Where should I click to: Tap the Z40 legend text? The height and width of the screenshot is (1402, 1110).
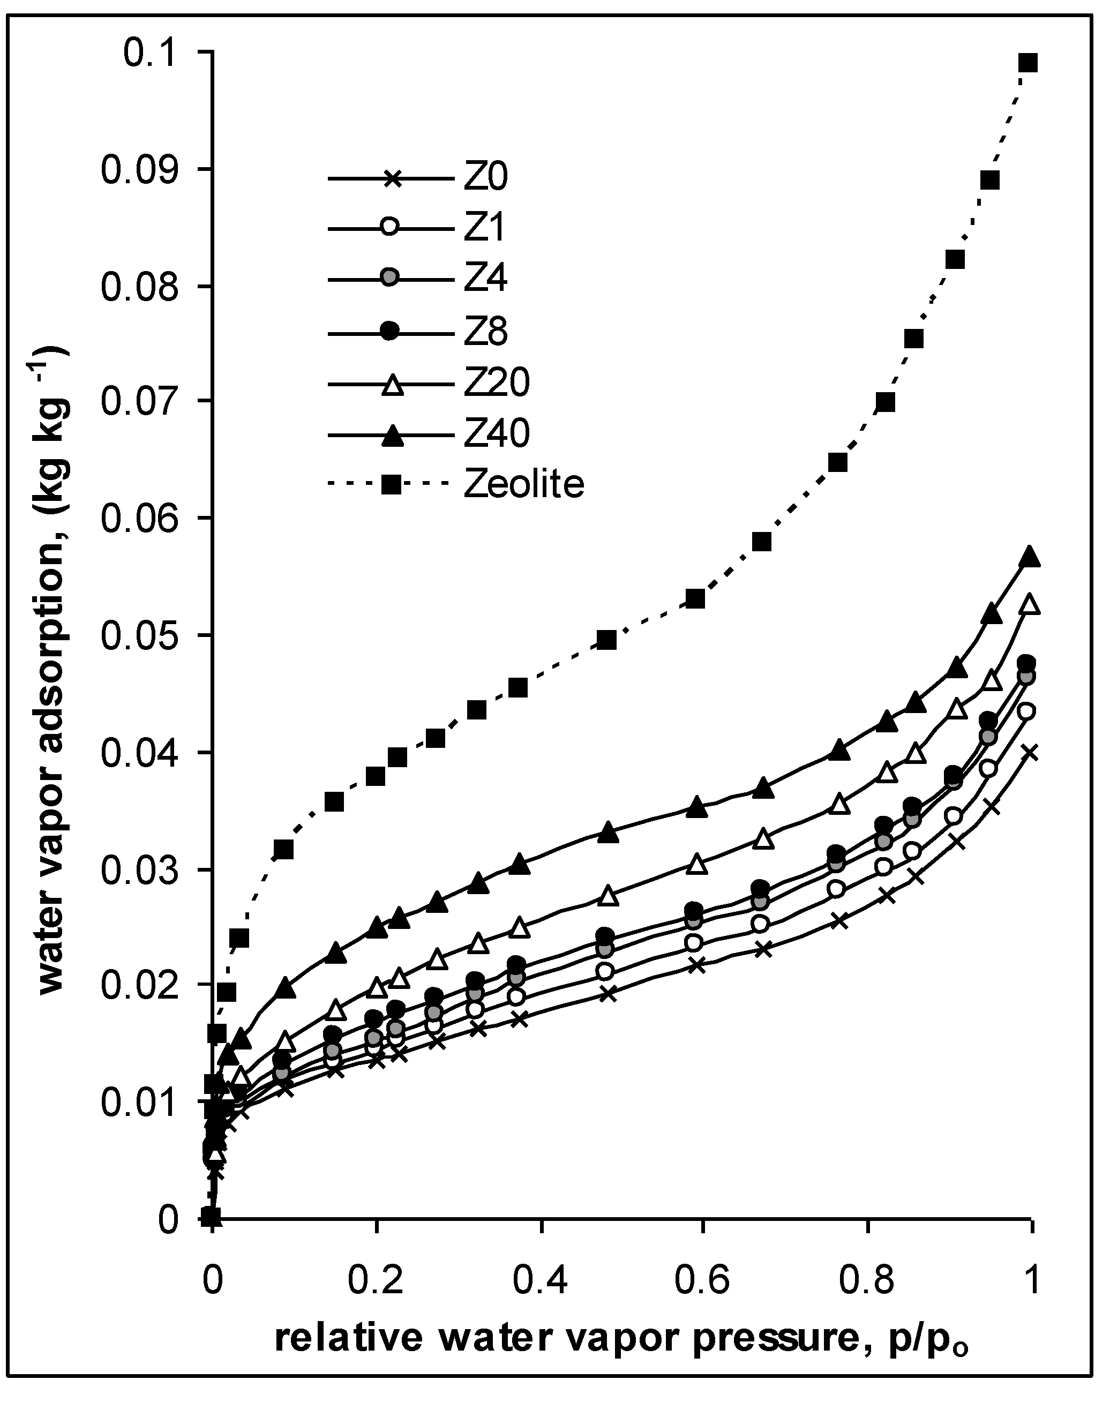pyautogui.click(x=497, y=433)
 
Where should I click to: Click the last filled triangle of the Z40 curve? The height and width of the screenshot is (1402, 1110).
pyautogui.click(x=1030, y=557)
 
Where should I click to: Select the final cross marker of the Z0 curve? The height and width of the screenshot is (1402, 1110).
pyautogui.click(x=1029, y=753)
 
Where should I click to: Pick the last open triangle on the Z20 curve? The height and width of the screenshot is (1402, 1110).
pyautogui.click(x=1030, y=605)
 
